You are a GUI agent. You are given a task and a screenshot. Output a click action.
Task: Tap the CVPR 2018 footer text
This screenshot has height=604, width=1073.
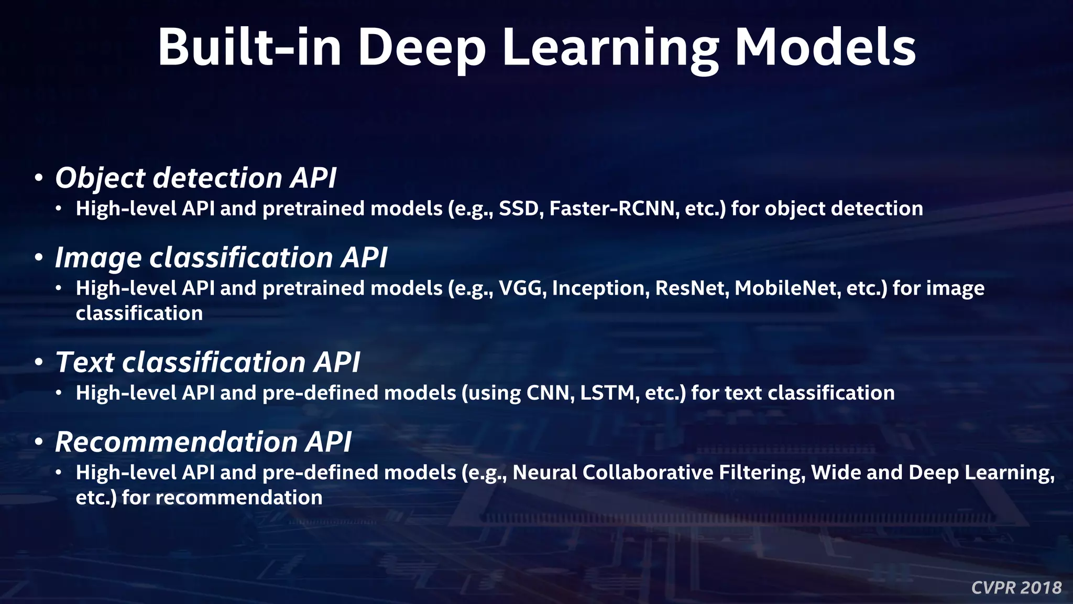(x=1016, y=587)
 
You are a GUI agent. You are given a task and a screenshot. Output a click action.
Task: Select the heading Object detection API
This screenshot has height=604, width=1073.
(x=195, y=178)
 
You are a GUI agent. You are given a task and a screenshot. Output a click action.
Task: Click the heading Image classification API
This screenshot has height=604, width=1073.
(x=221, y=258)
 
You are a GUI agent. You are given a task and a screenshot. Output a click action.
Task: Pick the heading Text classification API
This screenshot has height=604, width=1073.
(x=207, y=363)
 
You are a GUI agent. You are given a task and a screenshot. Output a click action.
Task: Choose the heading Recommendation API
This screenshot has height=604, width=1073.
(x=203, y=442)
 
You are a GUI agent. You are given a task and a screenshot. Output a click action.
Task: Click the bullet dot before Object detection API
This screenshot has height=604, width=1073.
(x=38, y=179)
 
